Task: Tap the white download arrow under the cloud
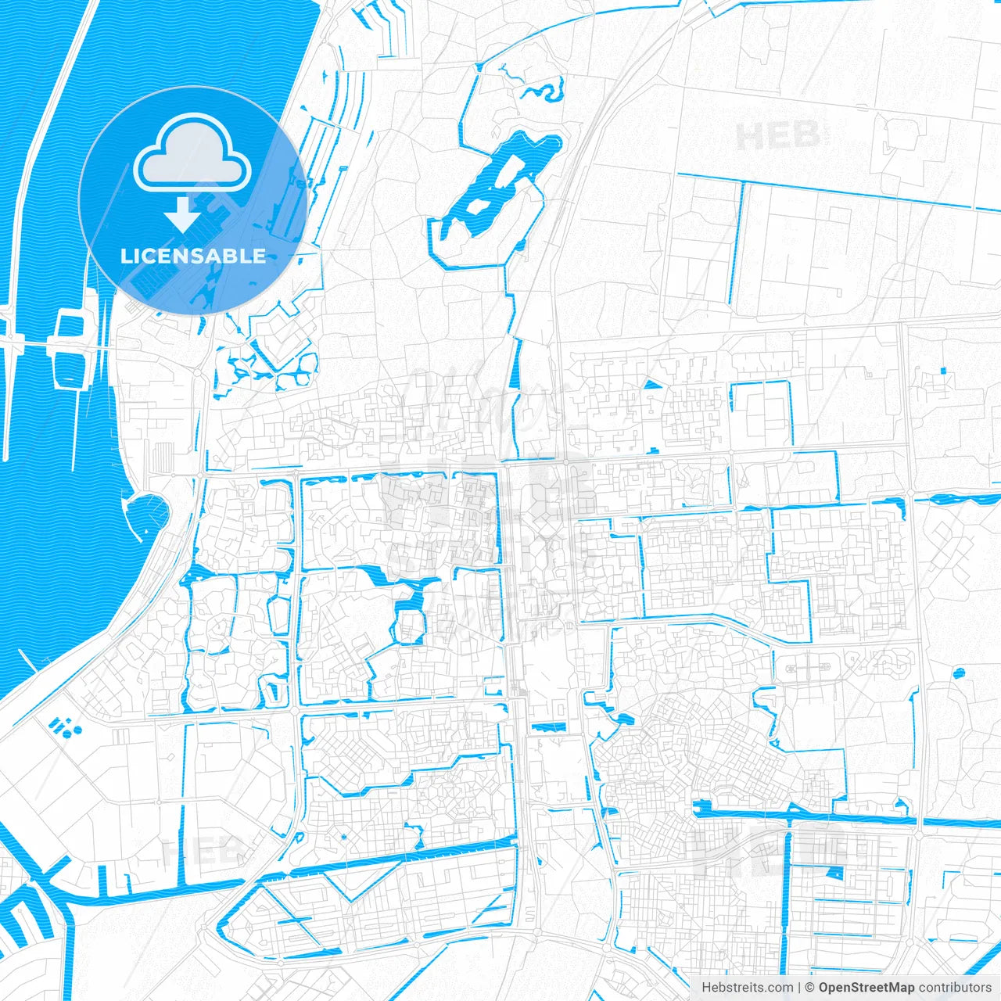[x=183, y=213]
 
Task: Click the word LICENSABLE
[x=193, y=256]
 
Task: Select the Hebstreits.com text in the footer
[x=747, y=988]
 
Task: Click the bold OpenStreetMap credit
[x=866, y=988]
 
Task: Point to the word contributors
[x=955, y=988]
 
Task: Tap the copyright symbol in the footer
[x=809, y=988]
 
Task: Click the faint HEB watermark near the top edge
[x=779, y=137]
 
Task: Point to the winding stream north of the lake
[x=540, y=88]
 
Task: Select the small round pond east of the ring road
[x=959, y=672]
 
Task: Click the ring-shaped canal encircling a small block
[x=409, y=625]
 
